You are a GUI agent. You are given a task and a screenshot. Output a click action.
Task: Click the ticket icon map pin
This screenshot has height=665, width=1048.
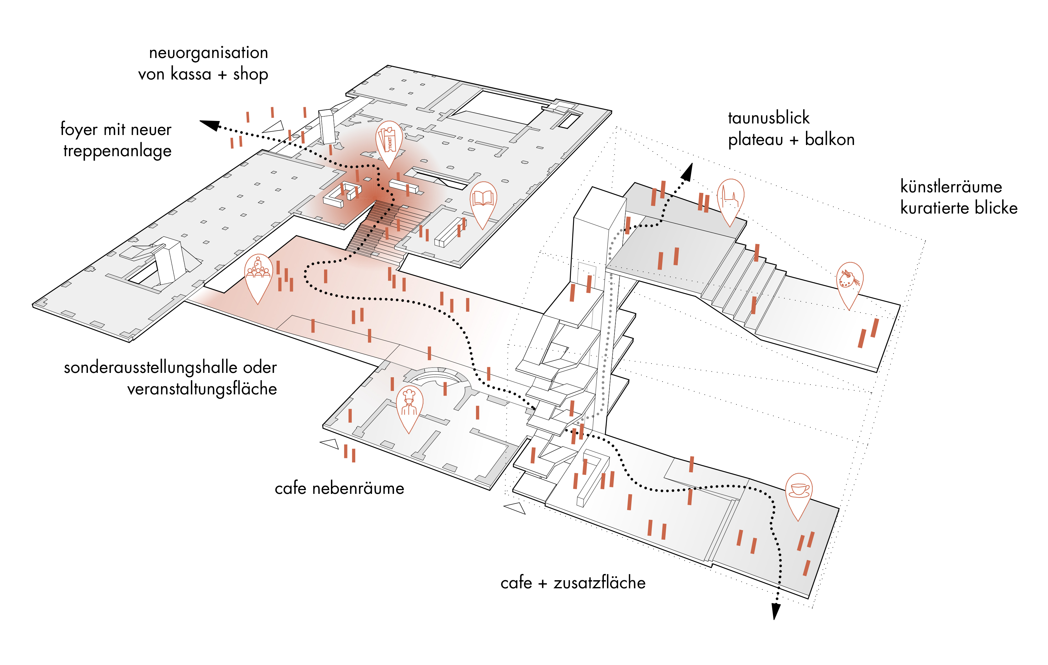pyautogui.click(x=389, y=141)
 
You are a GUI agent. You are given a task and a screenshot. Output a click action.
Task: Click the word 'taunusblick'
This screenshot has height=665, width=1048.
pyautogui.click(x=769, y=118)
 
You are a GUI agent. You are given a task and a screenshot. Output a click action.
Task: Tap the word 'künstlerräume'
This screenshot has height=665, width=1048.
pyautogui.click(x=951, y=186)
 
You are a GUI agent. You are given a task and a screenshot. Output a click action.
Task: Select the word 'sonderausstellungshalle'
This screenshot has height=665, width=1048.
pyautogui.click(x=151, y=368)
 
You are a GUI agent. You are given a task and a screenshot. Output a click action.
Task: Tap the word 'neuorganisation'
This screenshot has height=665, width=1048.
pyautogui.click(x=208, y=53)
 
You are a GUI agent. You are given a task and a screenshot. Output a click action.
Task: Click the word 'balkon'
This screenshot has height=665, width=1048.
pyautogui.click(x=830, y=140)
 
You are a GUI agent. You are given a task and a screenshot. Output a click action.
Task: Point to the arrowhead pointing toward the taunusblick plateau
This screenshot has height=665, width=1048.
pyautogui.click(x=687, y=172)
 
